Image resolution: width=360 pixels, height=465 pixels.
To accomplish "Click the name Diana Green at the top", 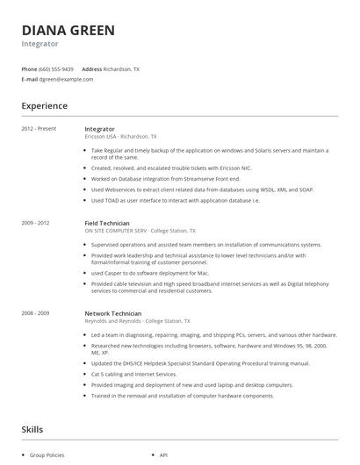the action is coord(68,31).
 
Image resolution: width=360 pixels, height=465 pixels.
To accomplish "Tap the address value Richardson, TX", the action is coord(121,68).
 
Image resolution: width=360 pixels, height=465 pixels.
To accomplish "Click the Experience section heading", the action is coord(45,106).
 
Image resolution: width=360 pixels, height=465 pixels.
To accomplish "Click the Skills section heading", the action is coord(33,430).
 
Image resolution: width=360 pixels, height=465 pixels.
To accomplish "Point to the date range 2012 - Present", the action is coord(39,129).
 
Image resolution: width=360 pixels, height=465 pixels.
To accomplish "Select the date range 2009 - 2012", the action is coord(35,223).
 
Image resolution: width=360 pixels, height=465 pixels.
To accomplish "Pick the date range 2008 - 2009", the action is coord(35,313).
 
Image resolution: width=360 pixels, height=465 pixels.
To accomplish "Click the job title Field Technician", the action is coord(107,223).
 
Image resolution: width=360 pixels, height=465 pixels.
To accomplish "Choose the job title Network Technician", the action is coord(112,313).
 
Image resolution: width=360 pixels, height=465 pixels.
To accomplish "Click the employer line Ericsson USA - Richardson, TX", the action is coord(121,137).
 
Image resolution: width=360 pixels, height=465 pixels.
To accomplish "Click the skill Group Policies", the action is coord(48,455).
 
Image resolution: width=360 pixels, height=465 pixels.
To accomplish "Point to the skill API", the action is coord(163,455).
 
